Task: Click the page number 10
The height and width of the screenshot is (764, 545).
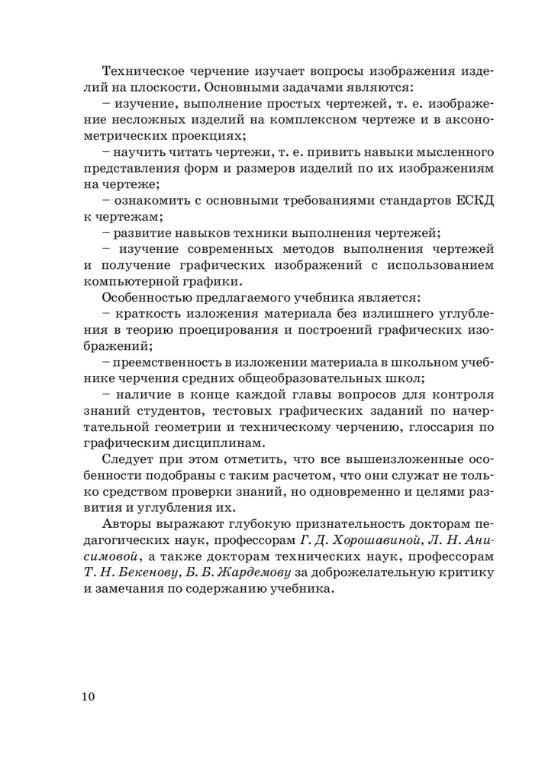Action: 86,696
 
